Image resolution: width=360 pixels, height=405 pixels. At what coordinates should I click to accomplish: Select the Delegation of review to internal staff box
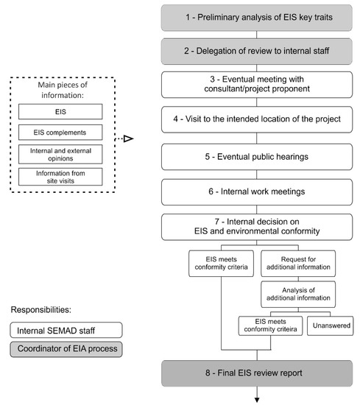pyautogui.click(x=257, y=53)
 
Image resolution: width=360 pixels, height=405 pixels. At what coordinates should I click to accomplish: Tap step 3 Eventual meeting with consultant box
pyautogui.click(x=257, y=85)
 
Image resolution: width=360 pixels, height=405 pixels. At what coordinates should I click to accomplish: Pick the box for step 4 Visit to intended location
pyautogui.click(x=257, y=119)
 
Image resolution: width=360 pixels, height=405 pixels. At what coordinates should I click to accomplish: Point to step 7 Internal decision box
pyautogui.click(x=257, y=227)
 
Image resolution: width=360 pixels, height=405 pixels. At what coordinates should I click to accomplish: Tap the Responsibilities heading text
pyautogui.click(x=41, y=309)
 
